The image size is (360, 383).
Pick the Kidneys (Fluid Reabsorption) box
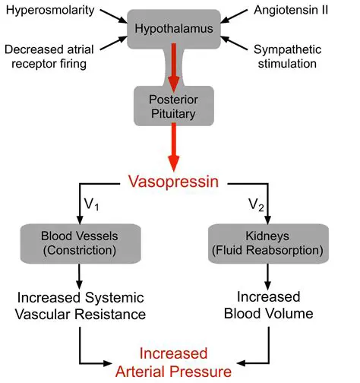coord(267,242)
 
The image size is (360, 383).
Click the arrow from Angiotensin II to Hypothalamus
coord(231,18)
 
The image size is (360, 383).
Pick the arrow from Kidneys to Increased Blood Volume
coord(268,274)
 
